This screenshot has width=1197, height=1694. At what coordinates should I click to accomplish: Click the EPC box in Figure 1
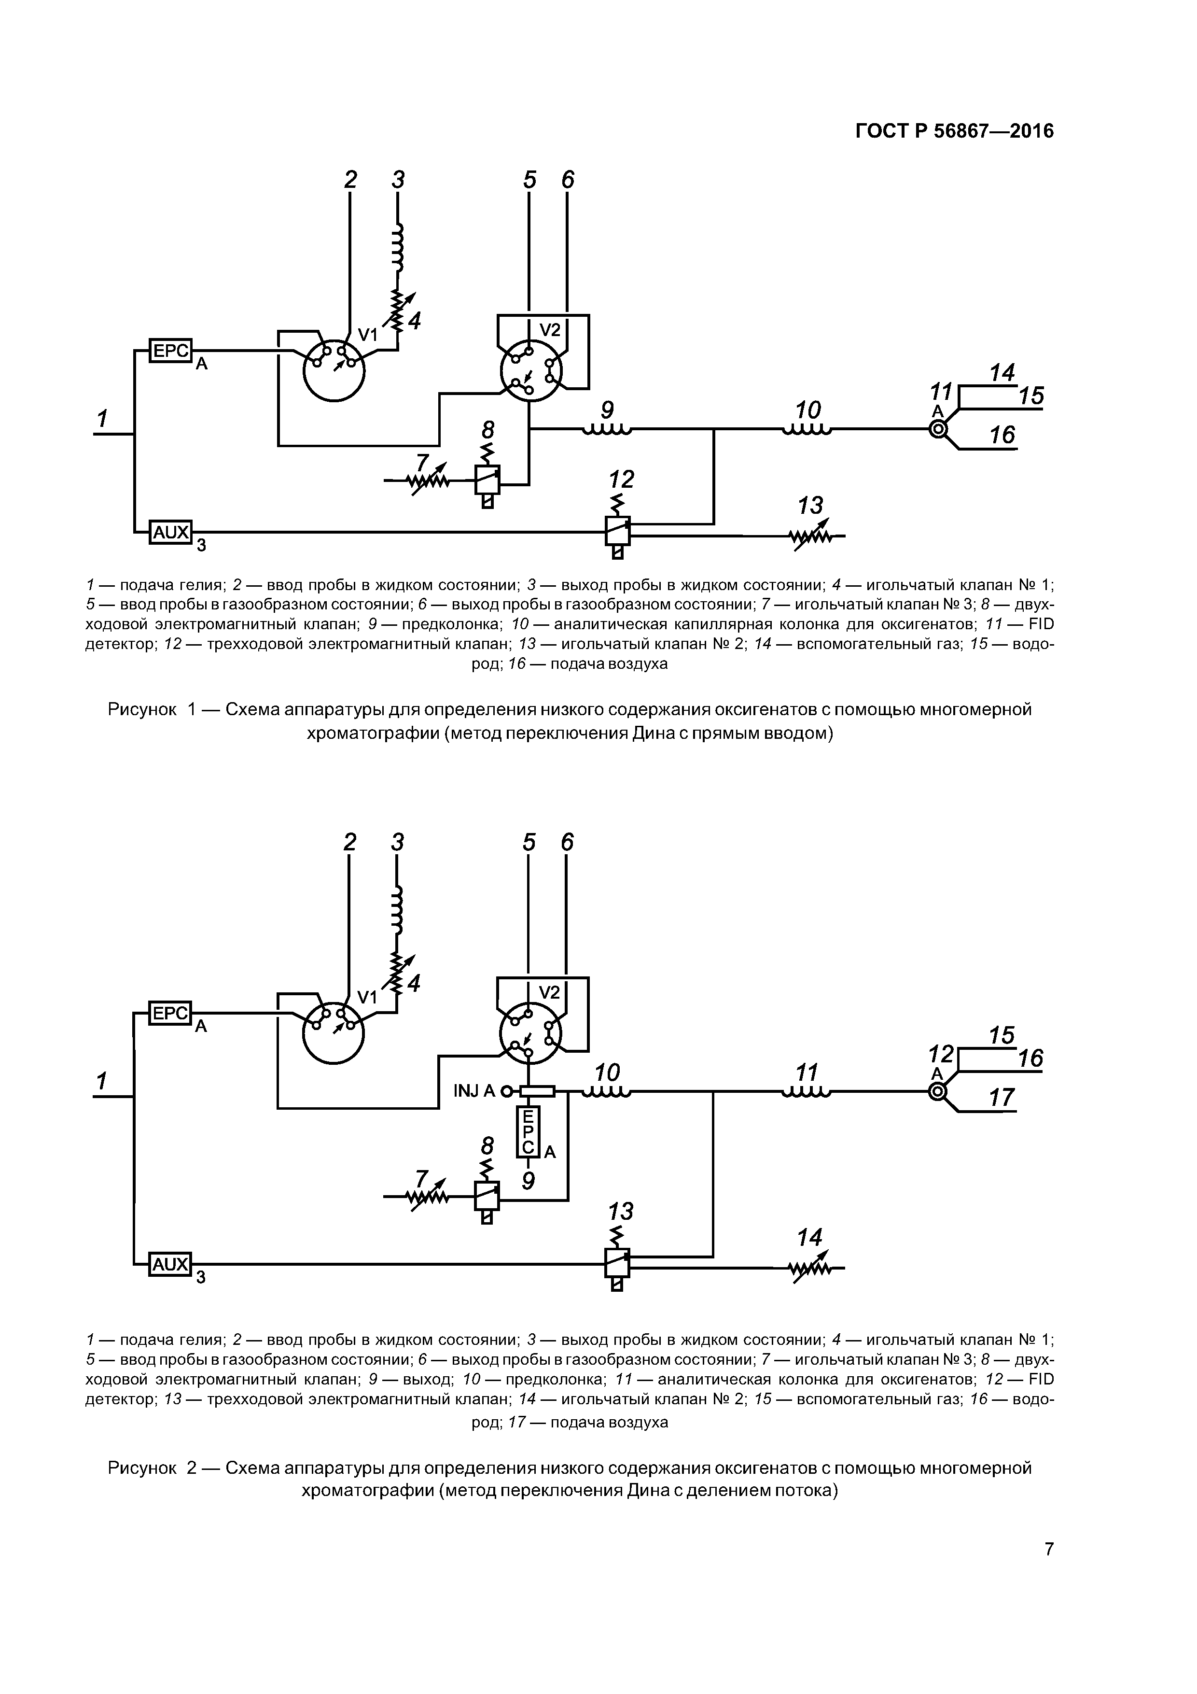[170, 351]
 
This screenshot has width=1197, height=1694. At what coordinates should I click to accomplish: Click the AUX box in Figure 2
[170, 1264]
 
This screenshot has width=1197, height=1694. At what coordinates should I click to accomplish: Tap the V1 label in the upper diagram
[367, 336]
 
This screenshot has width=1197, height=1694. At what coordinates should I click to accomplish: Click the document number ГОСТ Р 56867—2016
[954, 131]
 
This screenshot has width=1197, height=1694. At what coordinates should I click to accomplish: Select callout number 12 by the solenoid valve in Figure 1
[621, 480]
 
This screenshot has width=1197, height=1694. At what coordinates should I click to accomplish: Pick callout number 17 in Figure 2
[1001, 1097]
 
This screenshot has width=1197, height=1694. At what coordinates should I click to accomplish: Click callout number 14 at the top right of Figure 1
[1002, 373]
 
